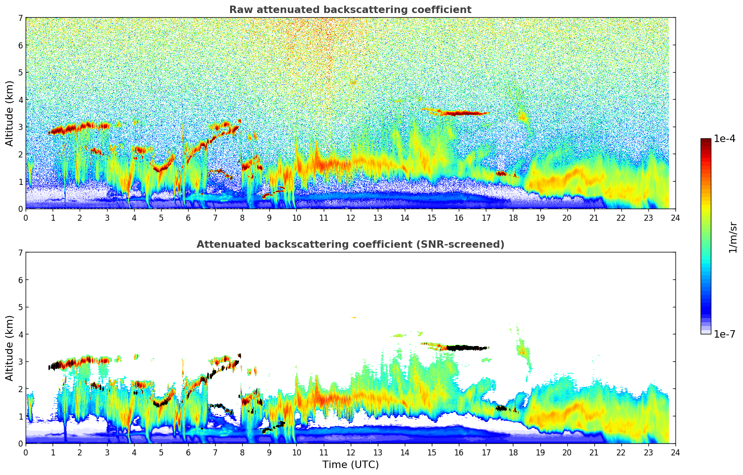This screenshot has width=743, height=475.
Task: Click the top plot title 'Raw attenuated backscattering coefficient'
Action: pos(350,10)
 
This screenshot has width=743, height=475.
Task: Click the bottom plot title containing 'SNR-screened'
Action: pos(350,244)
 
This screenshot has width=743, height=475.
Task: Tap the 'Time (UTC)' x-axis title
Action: pos(350,464)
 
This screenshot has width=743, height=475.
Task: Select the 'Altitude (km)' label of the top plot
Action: pos(9,113)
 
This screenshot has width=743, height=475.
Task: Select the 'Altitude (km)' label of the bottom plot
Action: pos(9,348)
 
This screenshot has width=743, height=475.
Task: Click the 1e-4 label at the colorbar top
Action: pos(724,139)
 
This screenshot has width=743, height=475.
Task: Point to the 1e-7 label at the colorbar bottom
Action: pos(724,334)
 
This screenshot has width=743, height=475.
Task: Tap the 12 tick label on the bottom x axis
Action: pos(350,453)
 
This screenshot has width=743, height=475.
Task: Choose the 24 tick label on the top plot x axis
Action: pos(675,218)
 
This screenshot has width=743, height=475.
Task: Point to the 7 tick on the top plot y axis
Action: pos(20,18)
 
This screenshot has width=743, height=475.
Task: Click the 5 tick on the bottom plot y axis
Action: pos(20,307)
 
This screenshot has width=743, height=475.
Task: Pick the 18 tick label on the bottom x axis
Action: pos(513,453)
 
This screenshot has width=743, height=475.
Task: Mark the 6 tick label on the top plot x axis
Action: pos(188,218)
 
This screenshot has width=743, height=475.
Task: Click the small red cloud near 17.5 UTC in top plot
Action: pos(501,173)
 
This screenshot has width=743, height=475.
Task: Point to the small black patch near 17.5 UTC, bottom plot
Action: pos(501,408)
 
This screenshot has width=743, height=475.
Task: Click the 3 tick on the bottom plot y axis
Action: pos(20,362)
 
